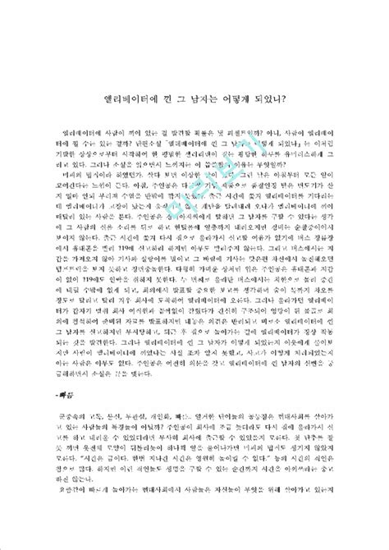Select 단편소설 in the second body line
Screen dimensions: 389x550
[x=142, y=142]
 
